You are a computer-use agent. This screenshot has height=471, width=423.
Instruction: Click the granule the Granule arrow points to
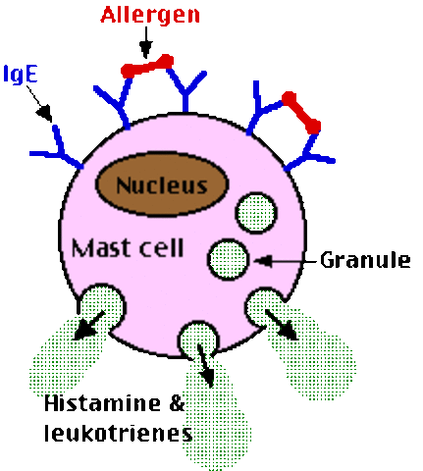pos(227,258)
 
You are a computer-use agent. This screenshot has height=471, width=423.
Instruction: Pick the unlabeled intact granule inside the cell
pos(255,211)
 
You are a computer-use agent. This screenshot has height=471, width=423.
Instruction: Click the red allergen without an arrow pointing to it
pos(301,112)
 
